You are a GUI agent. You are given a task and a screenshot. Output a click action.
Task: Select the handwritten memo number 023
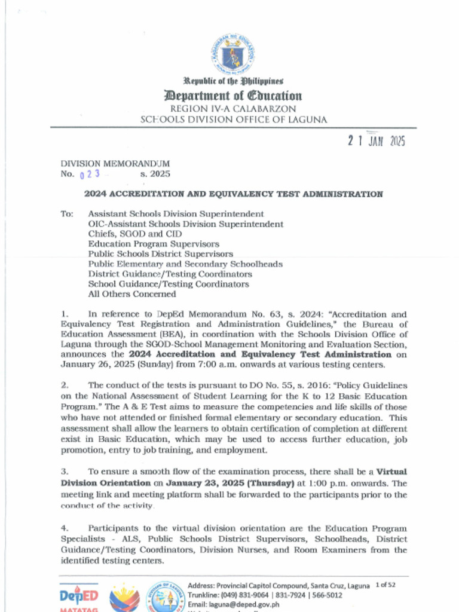[89, 175]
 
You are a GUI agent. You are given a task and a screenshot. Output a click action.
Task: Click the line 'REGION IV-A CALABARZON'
[233, 109]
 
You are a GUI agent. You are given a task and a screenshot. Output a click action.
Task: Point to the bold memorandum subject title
[233, 194]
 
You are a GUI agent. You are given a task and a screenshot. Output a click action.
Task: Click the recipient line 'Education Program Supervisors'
[154, 244]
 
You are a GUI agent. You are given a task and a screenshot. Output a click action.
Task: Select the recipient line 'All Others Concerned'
[132, 294]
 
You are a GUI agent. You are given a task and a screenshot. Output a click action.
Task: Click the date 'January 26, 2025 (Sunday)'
[115, 365]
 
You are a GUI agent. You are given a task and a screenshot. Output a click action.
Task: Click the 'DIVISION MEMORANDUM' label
[115, 163]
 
